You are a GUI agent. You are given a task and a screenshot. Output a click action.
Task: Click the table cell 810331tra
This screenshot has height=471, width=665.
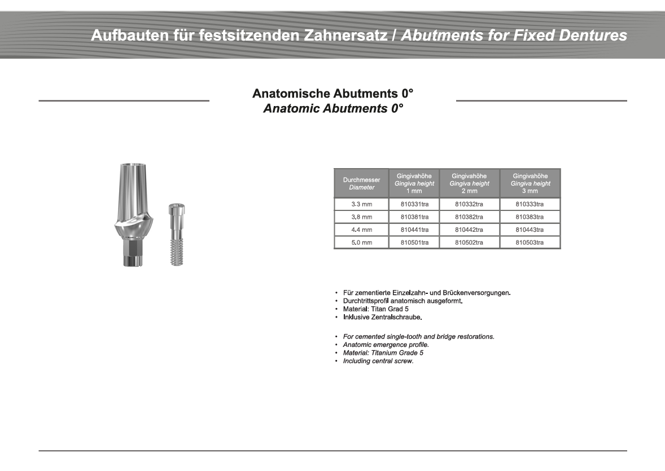tap(414, 204)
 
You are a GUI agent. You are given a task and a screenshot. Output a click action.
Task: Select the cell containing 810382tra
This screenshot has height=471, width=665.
tap(469, 217)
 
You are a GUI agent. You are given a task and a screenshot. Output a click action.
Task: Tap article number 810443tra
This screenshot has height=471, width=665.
tap(530, 230)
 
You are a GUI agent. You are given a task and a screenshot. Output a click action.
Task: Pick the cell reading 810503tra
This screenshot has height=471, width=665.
tap(530, 243)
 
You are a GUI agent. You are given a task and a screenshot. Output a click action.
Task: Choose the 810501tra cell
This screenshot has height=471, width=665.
tap(414, 243)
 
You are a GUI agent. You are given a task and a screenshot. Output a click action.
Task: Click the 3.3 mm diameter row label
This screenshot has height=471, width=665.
tap(361, 204)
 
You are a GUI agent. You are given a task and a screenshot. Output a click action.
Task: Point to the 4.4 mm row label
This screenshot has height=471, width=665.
tap(361, 230)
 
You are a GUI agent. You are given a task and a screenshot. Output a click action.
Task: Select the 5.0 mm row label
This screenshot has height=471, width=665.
tap(361, 243)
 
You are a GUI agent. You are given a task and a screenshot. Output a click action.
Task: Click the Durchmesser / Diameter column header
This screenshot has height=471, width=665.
tap(361, 183)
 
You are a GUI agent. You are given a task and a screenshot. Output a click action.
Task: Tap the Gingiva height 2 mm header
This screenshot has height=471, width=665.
tap(469, 183)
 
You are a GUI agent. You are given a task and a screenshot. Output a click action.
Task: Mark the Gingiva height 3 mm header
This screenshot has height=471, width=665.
tap(530, 183)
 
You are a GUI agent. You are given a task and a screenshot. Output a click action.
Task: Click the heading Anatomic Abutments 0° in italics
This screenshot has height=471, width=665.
tap(333, 109)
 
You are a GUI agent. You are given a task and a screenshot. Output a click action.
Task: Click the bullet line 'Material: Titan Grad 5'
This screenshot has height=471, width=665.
tap(375, 309)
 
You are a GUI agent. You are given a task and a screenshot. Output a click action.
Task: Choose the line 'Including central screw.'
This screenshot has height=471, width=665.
tap(378, 361)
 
